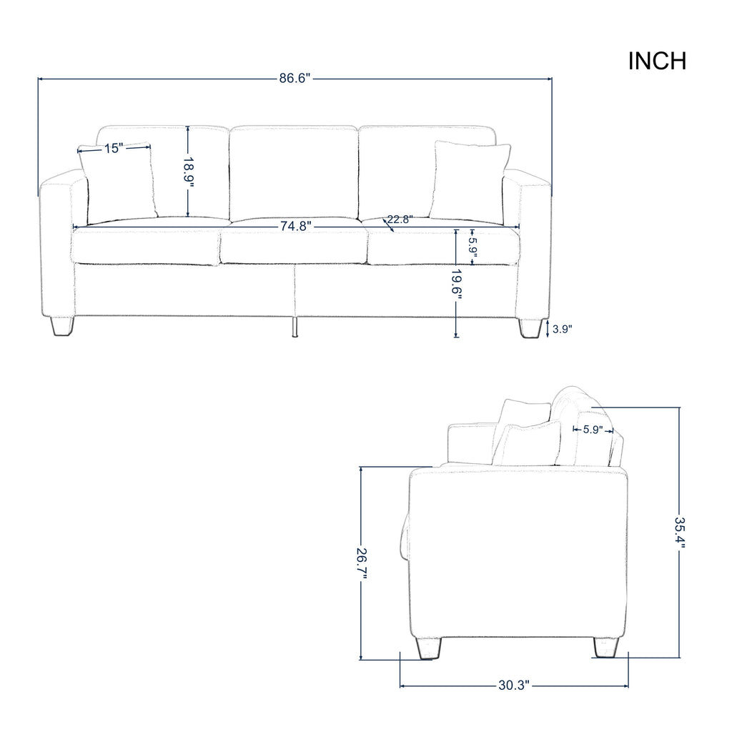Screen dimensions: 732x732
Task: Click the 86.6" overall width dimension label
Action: point(295,78)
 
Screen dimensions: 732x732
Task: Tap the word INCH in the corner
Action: point(658,61)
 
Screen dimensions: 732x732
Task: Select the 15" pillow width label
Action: point(114,149)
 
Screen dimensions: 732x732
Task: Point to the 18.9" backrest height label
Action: point(188,172)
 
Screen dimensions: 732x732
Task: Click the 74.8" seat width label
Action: point(295,227)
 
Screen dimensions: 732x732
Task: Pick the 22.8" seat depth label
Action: point(400,219)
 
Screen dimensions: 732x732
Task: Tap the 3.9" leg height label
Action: point(562,329)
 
